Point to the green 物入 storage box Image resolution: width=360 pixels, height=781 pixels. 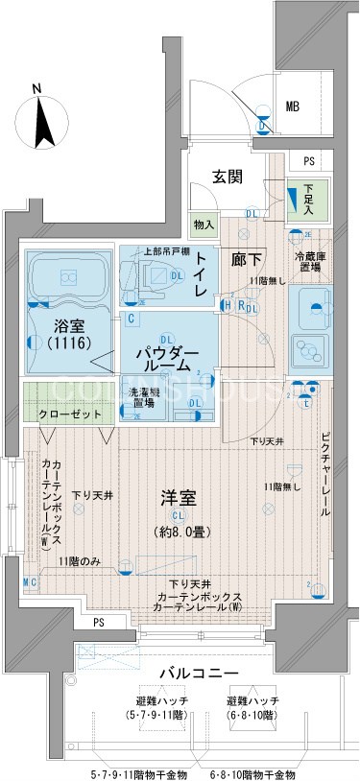pos(204,225)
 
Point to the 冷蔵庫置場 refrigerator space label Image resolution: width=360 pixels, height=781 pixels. pos(312,262)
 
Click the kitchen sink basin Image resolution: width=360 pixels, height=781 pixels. pos(311,313)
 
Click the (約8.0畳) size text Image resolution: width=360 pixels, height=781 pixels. pos(178,531)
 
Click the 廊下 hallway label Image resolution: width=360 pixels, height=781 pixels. pos(245,257)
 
